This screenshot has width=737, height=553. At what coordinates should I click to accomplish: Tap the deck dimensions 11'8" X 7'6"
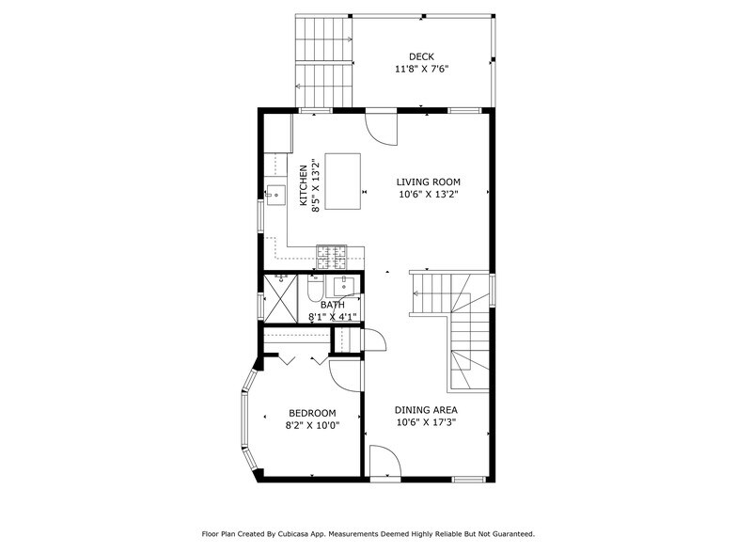(421, 70)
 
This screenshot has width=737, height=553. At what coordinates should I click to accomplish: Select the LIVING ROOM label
(428, 182)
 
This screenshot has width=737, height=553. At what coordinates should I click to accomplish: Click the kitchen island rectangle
(343, 182)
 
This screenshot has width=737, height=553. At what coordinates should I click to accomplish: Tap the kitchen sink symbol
(276, 197)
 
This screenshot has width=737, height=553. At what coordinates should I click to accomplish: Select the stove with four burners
(331, 252)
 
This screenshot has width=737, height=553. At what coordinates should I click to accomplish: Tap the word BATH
(332, 305)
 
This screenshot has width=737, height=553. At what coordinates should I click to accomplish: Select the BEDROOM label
(312, 413)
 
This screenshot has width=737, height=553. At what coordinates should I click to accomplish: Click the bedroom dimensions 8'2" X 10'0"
(312, 425)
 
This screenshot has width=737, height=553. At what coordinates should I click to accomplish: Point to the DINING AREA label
(427, 410)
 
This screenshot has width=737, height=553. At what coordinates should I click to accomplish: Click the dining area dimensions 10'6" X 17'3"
(427, 423)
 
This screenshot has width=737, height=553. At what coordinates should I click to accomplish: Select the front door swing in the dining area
(384, 462)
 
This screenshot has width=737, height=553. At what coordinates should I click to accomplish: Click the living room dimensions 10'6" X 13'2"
(428, 196)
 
